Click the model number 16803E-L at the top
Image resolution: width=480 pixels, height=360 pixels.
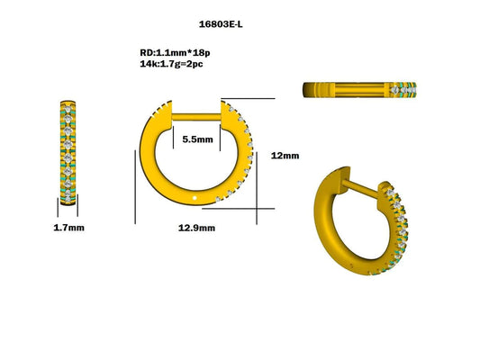tap(221, 24)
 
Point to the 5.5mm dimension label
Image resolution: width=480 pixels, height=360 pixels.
tap(196, 139)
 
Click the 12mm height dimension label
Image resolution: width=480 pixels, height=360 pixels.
tap(285, 155)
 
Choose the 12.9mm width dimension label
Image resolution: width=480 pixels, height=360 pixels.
tap(196, 228)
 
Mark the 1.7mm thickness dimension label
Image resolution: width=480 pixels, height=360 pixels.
tap(68, 228)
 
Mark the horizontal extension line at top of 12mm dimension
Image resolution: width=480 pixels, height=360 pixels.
tap(248, 99)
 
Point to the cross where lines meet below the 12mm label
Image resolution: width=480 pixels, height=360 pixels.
tap(258, 209)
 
